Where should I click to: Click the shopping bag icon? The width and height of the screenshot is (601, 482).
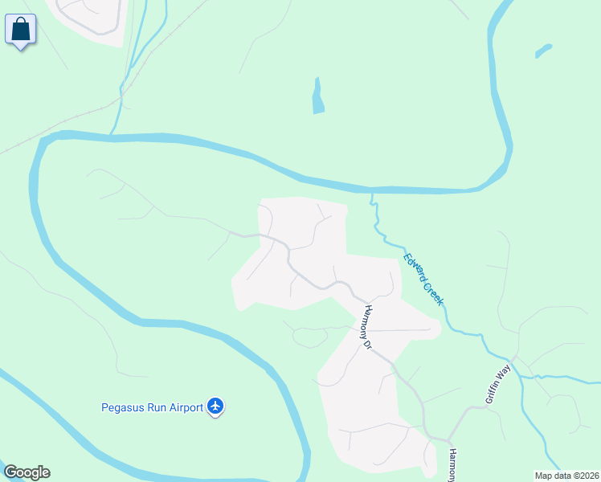point(21,30)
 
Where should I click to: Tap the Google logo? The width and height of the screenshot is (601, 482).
point(27,472)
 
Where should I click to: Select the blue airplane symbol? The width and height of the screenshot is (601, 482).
point(215,406)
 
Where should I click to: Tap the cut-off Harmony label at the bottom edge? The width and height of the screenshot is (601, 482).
point(452,465)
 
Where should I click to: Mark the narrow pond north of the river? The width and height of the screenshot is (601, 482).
point(318,96)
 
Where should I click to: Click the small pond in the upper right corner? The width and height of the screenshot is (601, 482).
point(543,51)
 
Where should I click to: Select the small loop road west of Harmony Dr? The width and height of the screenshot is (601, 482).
point(309,337)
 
